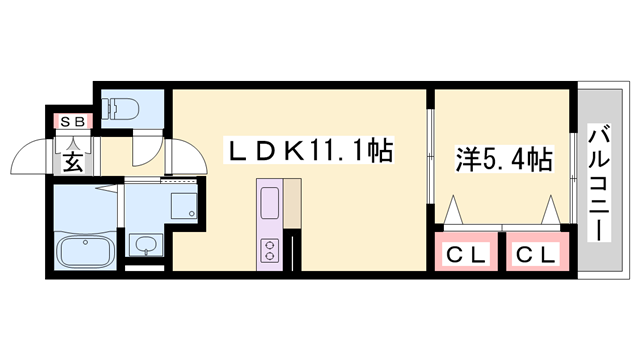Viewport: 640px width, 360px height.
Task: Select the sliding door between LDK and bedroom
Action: pyautogui.click(x=429, y=160)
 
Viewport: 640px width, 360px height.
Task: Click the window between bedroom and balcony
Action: pyautogui.click(x=573, y=160)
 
